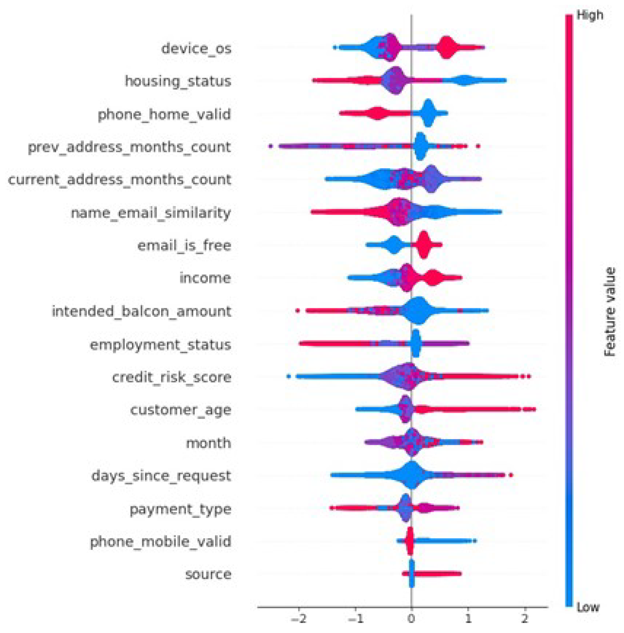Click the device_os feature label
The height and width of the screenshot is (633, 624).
point(196,48)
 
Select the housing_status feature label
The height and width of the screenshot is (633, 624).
point(178,81)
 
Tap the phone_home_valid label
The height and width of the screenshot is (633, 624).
point(164,114)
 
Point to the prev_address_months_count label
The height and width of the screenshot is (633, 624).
point(129,147)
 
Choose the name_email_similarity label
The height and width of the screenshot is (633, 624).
point(151,213)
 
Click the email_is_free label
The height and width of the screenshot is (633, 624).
point(184,246)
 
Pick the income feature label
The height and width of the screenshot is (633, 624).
point(205,278)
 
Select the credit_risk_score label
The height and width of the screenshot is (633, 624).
point(172,377)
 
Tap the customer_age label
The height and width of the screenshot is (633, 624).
point(181,410)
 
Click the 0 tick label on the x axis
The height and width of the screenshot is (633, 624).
point(411,618)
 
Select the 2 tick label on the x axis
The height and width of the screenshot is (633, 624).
point(525,618)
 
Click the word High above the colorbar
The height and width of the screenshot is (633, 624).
point(590,15)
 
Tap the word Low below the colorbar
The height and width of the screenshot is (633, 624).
point(588,607)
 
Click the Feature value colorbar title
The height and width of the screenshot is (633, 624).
point(609,312)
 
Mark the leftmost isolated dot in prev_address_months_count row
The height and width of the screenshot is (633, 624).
point(271,146)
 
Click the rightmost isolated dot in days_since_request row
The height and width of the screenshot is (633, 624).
point(510,475)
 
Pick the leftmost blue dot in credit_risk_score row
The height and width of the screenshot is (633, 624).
point(289,376)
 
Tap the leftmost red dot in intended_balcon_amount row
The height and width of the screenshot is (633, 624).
point(297,311)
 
